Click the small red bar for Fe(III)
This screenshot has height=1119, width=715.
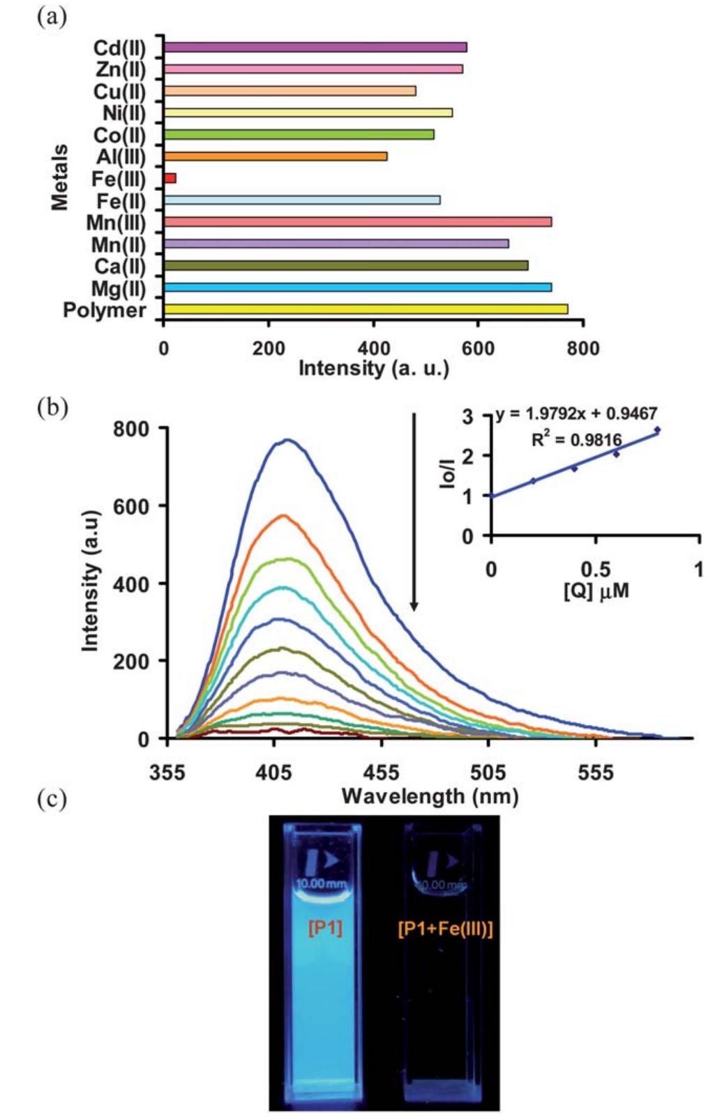[170, 178]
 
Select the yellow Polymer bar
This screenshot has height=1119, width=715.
[366, 309]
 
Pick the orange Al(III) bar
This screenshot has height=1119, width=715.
[276, 156]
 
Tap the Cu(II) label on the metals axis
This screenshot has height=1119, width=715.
[119, 92]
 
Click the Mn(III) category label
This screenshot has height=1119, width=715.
[116, 223]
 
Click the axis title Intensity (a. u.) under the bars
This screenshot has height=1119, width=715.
[373, 367]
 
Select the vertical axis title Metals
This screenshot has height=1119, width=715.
[61, 177]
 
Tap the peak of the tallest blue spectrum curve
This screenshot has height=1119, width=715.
[287, 440]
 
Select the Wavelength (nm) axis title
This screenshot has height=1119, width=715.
[430, 796]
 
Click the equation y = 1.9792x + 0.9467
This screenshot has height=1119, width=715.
[577, 413]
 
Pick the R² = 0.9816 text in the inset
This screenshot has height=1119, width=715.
[576, 439]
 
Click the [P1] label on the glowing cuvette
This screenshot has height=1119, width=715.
[325, 928]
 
